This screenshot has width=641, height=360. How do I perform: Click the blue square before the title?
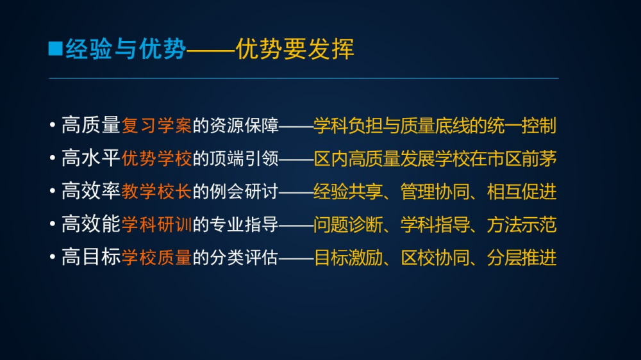pos(56,48)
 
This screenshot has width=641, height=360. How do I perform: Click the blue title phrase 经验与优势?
pos(126,49)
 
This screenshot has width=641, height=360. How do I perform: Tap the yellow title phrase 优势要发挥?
pos(295,49)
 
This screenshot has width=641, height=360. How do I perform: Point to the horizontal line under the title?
pos(304,78)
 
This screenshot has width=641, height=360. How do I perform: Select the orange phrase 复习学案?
pos(156,125)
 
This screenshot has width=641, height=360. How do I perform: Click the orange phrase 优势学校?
pos(156,158)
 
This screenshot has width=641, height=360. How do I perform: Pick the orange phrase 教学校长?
pos(156,192)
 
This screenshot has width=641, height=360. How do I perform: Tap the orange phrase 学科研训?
pos(156,224)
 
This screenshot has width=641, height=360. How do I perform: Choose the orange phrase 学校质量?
pos(156,258)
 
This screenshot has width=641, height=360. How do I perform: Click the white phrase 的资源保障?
pos(235,125)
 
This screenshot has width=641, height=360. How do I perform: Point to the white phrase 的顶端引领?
pos(235,158)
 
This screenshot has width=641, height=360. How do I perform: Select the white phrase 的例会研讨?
pos(235,192)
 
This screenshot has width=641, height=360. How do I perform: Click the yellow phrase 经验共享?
pos(348,192)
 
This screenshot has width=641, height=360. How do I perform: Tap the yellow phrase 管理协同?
pos(435,192)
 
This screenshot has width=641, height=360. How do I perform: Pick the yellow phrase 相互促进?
pos(522,192)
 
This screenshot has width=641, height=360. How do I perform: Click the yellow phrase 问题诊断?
pos(348,224)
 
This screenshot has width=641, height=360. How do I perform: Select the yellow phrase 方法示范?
pos(522,224)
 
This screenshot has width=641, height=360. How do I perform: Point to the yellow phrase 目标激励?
pos(348,258)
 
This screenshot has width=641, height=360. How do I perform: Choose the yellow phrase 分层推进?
pos(522,258)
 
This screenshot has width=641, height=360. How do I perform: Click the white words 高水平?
pos(91,158)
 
